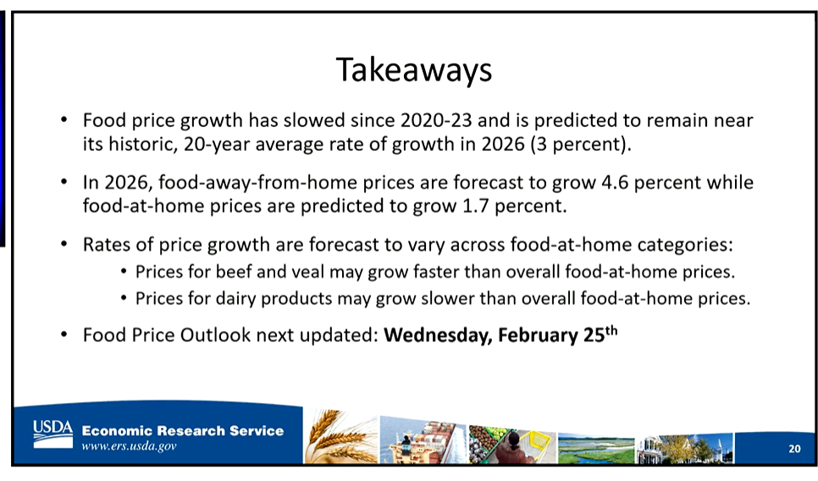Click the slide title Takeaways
pos(414,70)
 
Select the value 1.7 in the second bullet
pos(475,206)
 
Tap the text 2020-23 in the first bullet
pos(436,120)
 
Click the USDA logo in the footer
pos(53,434)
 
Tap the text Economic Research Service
pos(183,430)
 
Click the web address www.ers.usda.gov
pos(129,446)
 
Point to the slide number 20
pos(794,448)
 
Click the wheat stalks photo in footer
pos(340,437)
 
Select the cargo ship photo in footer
pos(423,440)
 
